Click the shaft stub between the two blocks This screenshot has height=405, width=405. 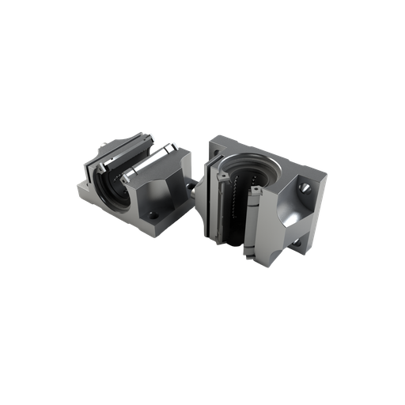click(193, 188)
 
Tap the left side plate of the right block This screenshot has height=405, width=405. click(206, 198)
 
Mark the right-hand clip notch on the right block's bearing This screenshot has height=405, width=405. click(258, 192)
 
